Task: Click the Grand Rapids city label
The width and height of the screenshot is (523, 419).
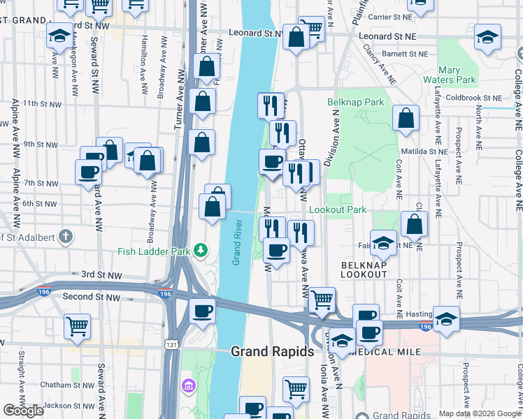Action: point(272,351)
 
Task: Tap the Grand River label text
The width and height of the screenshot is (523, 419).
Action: point(238,242)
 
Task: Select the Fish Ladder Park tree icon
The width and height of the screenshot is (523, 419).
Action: point(201,249)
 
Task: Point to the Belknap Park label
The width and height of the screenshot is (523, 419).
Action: point(355,102)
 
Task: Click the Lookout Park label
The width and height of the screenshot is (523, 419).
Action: point(337,209)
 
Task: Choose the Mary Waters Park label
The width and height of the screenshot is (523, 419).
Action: point(459,75)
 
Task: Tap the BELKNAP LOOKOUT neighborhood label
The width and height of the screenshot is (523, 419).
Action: point(364,269)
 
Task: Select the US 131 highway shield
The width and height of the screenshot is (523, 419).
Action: point(171,344)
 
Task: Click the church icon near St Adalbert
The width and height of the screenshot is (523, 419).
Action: point(65,236)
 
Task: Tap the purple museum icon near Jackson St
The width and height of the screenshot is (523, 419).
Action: point(187,385)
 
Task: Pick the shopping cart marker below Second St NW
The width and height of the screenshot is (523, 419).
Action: point(77,326)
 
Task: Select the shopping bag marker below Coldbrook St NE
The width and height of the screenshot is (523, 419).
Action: point(406,119)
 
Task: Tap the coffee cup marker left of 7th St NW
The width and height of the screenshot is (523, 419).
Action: point(89,172)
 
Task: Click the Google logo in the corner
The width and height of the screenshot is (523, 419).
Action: point(23,411)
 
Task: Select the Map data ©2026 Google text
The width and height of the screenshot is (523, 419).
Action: point(479,413)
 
